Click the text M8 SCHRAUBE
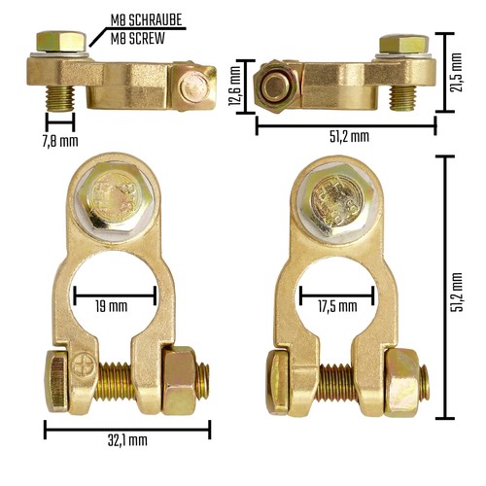(x=146, y=20)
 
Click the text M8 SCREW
(x=138, y=39)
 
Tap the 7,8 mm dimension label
(x=60, y=141)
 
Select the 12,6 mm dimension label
(x=235, y=86)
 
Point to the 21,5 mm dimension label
(x=456, y=72)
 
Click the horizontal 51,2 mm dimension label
(x=349, y=136)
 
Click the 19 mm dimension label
(x=112, y=306)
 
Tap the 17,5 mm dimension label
(x=337, y=306)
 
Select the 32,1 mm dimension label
(x=127, y=440)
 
